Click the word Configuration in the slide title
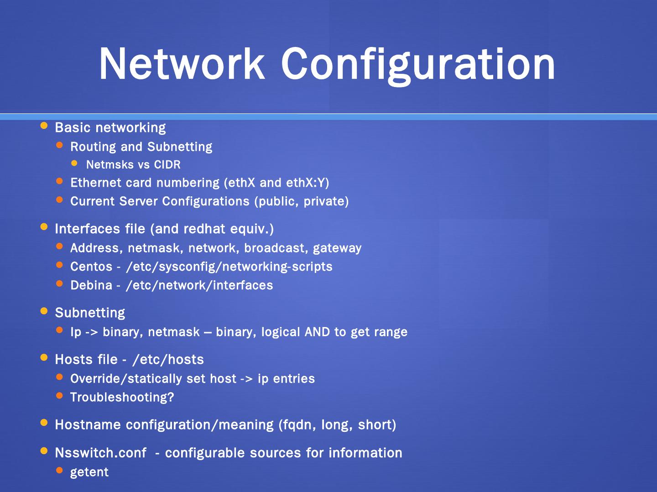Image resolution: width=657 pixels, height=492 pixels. [418, 65]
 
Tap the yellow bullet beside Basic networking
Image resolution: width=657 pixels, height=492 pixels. [44, 125]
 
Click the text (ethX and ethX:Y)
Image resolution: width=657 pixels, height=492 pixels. [276, 183]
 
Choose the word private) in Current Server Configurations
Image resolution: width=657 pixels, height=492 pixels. [326, 201]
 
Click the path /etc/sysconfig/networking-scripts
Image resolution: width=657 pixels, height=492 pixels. [229, 266]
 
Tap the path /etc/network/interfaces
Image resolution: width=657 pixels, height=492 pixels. [199, 285]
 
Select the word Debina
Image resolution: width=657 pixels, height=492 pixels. [91, 285]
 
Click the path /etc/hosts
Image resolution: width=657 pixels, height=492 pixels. [168, 359]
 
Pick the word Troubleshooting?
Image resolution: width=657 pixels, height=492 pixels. [122, 397]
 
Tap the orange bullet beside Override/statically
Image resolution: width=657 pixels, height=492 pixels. [59, 377]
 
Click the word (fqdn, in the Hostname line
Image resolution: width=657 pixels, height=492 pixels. [297, 425]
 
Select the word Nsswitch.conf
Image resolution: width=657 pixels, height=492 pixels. [100, 453]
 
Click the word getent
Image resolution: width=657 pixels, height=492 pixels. [89, 472]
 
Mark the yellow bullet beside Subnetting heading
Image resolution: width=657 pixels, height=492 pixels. [44, 311]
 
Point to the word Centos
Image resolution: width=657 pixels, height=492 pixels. [91, 266]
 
